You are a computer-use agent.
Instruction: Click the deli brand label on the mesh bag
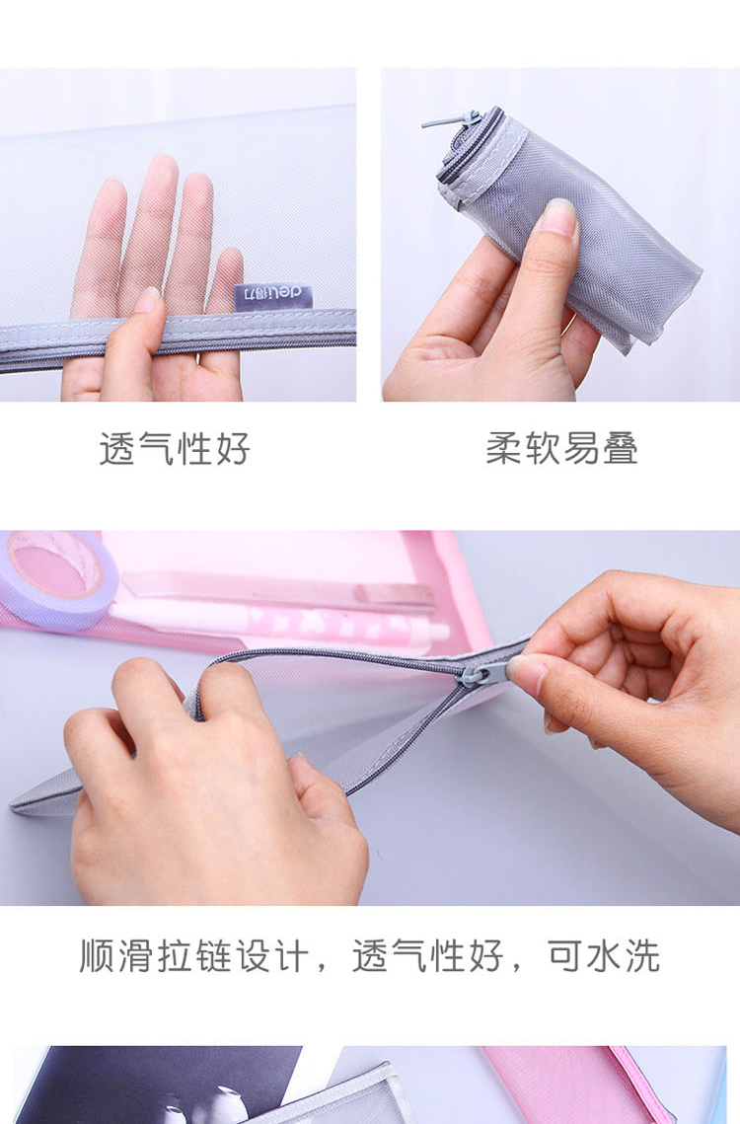[x=273, y=295]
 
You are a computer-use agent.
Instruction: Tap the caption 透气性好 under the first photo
[x=175, y=449]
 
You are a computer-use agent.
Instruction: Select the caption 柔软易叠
[x=562, y=449]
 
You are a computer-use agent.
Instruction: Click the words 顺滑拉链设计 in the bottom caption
[x=194, y=955]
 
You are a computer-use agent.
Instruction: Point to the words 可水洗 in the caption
[x=604, y=955]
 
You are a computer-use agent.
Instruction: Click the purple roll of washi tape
[x=57, y=578]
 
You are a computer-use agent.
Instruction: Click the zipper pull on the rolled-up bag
[x=452, y=120]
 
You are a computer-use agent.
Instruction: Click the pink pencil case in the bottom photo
[x=581, y=1086]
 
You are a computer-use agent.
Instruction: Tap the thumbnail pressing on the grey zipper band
[x=148, y=301]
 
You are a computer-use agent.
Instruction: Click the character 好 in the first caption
[x=232, y=449]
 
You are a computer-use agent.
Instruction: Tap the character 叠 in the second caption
[x=621, y=449]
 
